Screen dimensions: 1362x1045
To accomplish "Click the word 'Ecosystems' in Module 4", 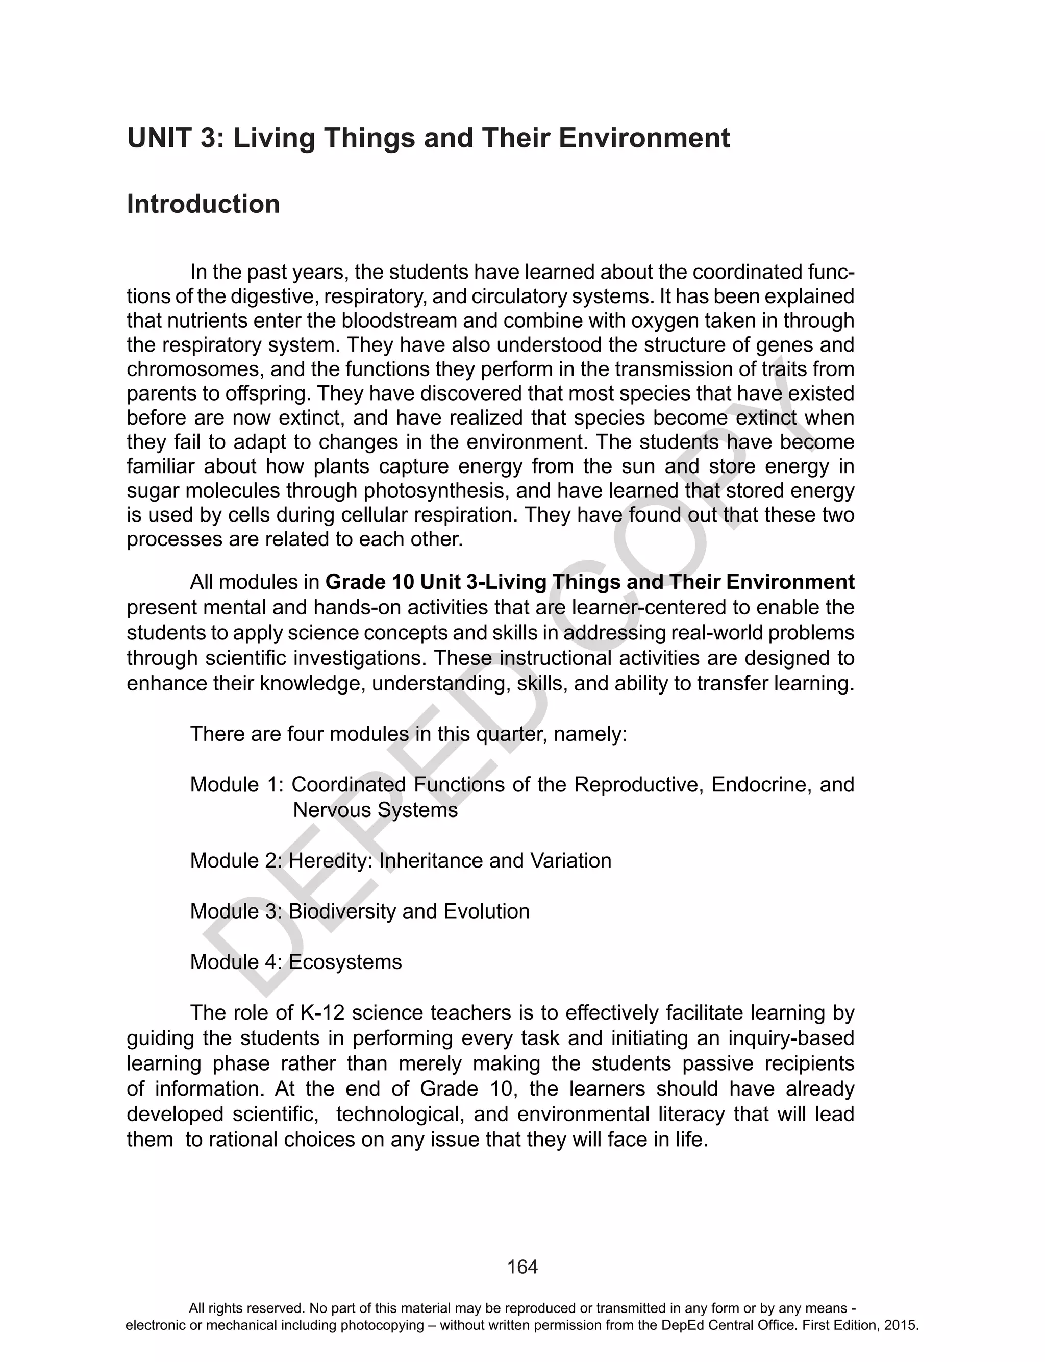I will tap(345, 961).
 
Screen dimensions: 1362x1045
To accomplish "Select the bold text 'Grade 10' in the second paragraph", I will tap(369, 582).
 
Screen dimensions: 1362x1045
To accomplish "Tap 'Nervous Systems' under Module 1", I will tap(375, 810).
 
